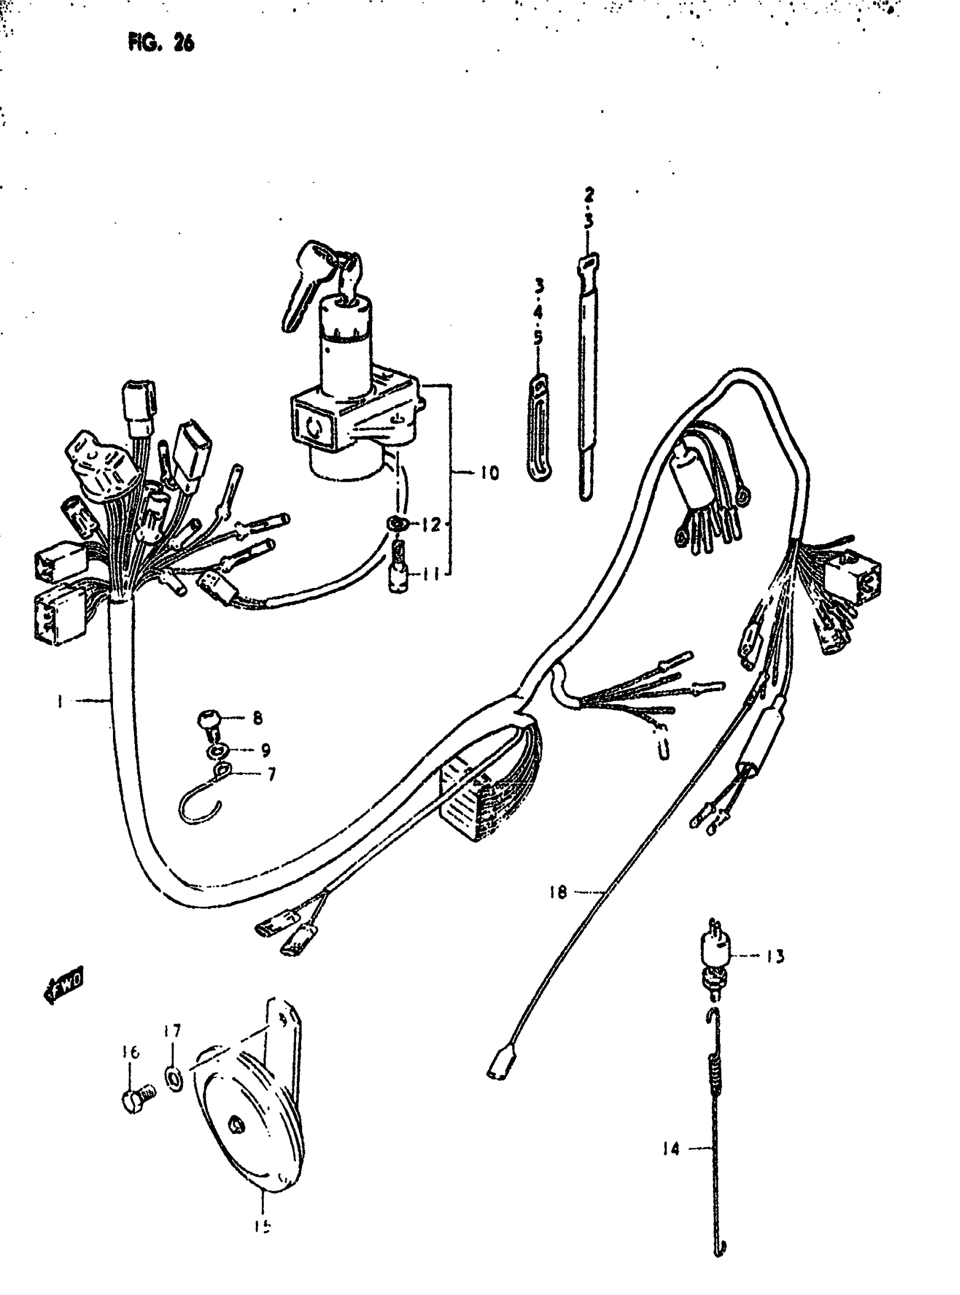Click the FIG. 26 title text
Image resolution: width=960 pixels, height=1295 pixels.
pos(161,42)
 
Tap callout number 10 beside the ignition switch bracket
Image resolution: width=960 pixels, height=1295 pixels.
pos(489,473)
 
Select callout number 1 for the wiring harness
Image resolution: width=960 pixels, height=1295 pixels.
pos(60,701)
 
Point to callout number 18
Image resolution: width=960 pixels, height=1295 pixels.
pos(557,892)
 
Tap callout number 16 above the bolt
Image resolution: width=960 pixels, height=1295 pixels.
pos(132,1052)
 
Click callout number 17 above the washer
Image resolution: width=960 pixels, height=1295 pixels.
pos(172,1031)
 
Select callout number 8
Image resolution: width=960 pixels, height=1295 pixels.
pos(258,718)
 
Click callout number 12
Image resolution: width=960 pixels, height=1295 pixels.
pos(431,525)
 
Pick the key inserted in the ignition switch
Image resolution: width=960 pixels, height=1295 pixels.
pos(308,279)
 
